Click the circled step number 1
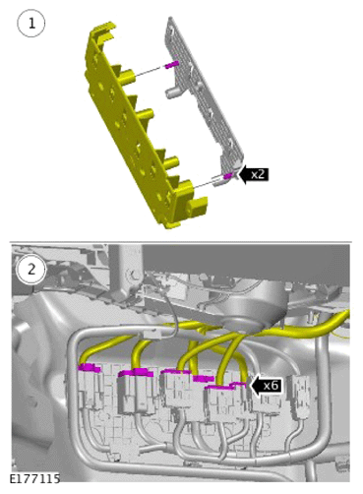31,24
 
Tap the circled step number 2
31,270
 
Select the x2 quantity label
258,174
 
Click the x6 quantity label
271,386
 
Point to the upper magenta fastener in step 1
172,65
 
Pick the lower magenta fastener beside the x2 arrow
228,176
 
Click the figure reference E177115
34,478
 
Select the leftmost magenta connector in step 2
90,368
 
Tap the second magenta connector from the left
136,372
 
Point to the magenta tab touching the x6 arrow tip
238,385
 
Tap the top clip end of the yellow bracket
102,30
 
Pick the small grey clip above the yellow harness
153,335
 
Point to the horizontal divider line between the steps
181,242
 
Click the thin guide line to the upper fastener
150,72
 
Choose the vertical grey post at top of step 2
126,273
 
